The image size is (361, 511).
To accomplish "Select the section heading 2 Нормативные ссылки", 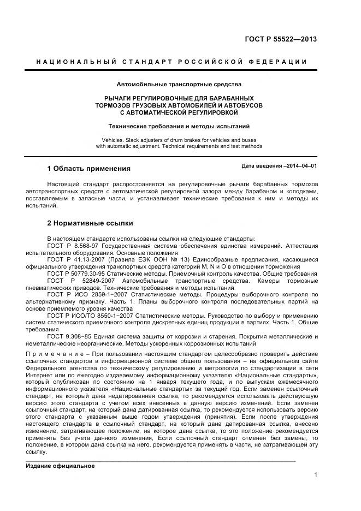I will (x=90, y=223).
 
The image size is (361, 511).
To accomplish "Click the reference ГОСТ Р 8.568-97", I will (x=71, y=247).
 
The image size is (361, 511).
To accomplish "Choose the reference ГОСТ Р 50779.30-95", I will (x=76, y=273).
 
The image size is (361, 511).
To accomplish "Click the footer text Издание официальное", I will (x=61, y=466).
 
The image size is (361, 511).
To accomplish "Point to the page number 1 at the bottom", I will (x=316, y=474).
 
